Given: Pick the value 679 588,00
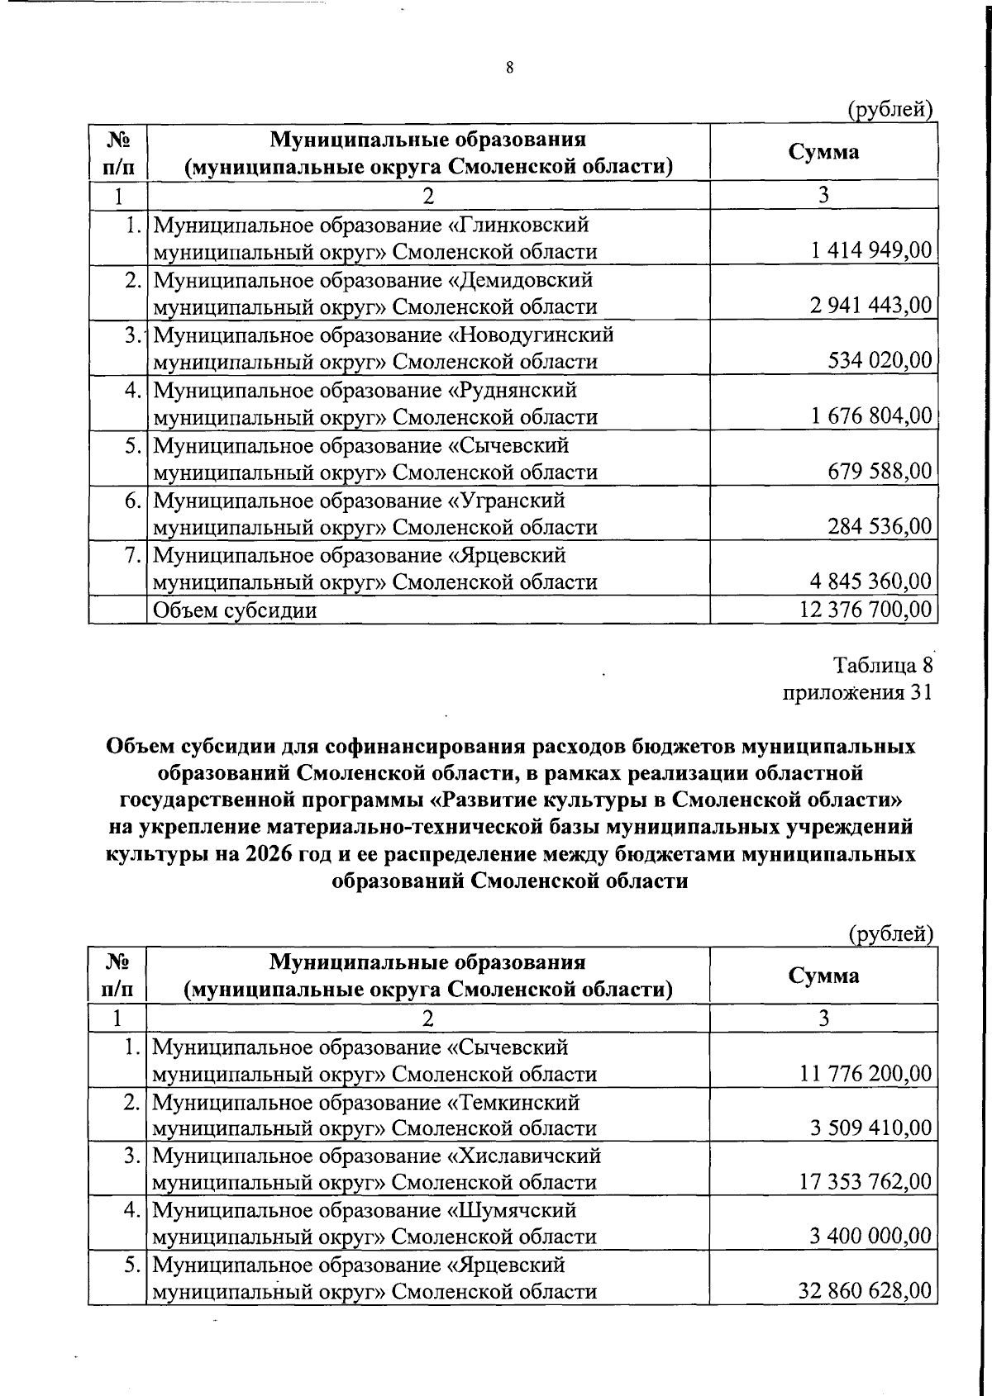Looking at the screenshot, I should (x=880, y=471).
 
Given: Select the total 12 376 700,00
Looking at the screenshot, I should (x=866, y=610).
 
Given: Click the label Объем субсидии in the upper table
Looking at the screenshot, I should (x=235, y=610).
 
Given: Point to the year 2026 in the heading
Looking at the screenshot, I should (x=269, y=853).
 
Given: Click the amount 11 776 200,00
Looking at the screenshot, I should (x=866, y=1073).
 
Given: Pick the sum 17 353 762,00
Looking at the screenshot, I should (x=866, y=1181).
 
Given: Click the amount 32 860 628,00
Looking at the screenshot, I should (x=866, y=1290).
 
